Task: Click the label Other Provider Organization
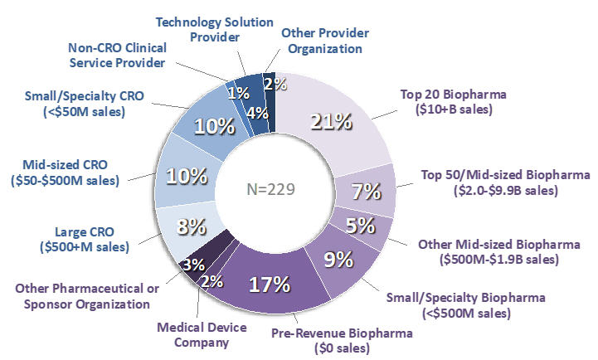[x=322, y=40]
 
